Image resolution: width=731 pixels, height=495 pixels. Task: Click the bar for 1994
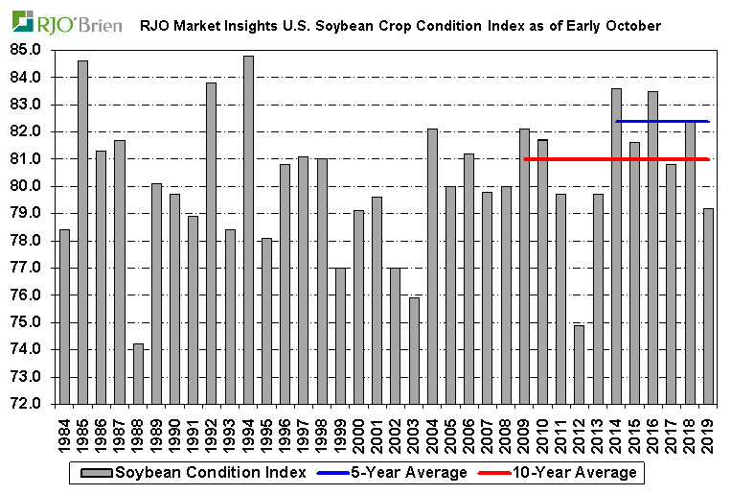(x=248, y=230)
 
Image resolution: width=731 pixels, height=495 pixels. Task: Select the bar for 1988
(x=138, y=374)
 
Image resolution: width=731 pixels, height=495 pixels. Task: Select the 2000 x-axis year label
(x=358, y=429)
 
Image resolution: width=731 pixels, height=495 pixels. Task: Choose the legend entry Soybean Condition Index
(x=197, y=473)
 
